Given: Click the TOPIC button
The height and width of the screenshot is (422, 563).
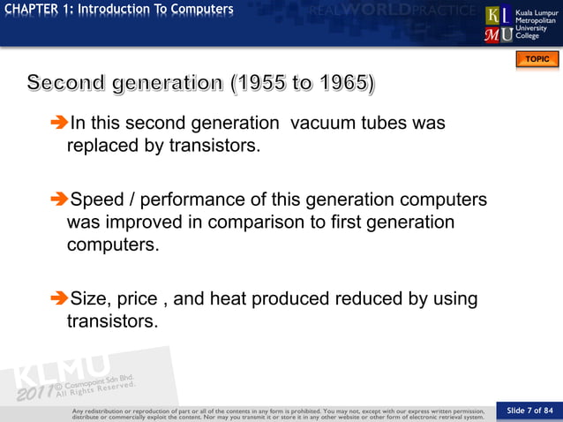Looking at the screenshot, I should (x=537, y=59).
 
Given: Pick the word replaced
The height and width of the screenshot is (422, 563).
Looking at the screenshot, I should (x=104, y=146).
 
